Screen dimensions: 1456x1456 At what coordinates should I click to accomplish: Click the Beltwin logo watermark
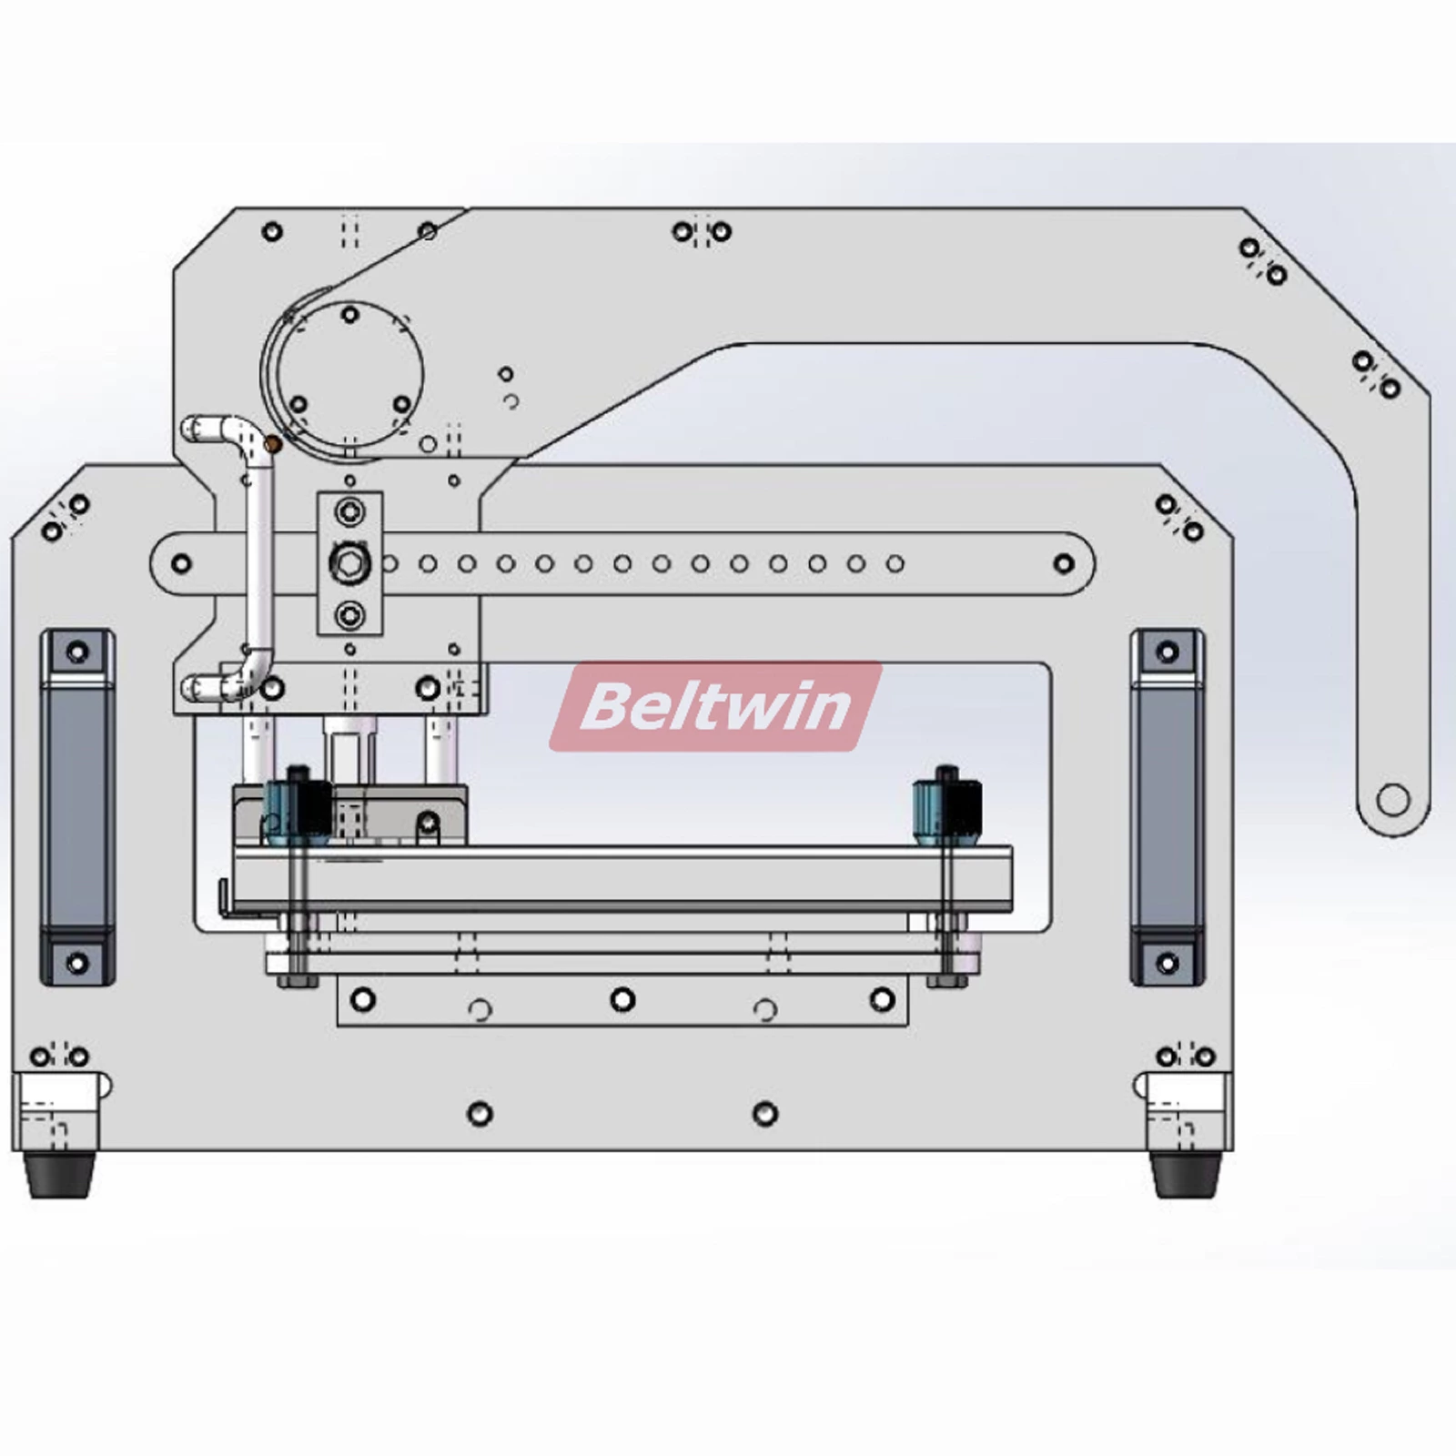(x=715, y=706)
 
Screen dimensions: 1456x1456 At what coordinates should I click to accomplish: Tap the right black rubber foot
(x=1185, y=1175)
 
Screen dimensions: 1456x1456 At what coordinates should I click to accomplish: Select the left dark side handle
(x=77, y=806)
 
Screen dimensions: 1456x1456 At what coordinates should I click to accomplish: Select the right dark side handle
(x=1168, y=806)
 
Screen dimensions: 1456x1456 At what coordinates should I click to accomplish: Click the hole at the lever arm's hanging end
(x=1393, y=801)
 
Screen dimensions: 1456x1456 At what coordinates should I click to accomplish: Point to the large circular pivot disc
(x=349, y=375)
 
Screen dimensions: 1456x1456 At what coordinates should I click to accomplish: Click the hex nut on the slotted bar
(x=349, y=564)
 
